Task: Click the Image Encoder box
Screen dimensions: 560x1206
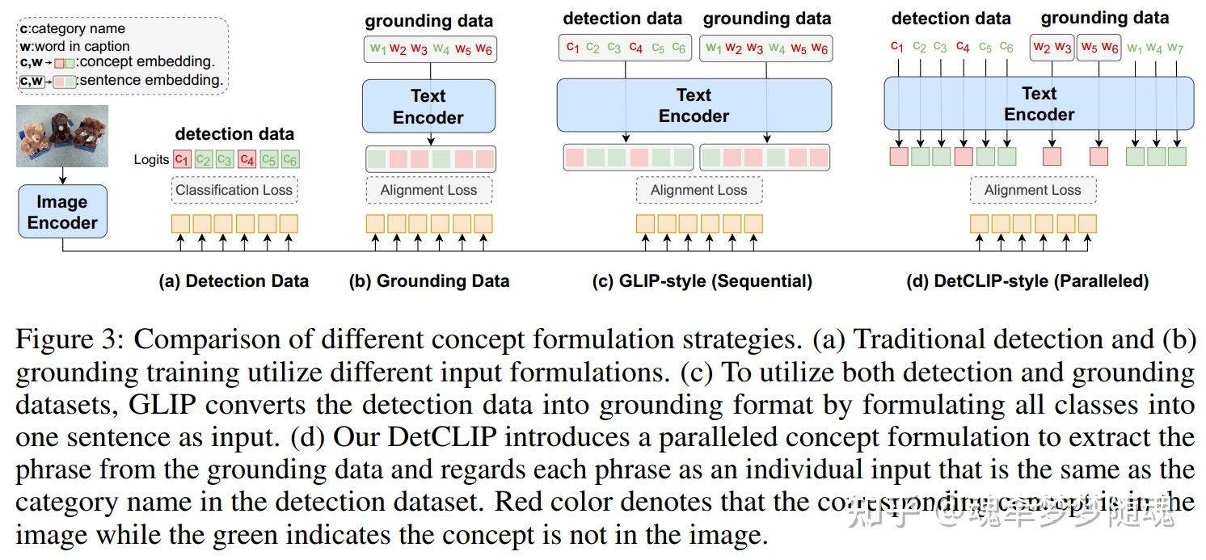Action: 62,212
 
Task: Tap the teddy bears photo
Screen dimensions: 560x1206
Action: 62,135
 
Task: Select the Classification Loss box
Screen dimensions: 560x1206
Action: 234,191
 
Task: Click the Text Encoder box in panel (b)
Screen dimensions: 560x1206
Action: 428,106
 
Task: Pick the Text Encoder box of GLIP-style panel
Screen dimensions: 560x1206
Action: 694,105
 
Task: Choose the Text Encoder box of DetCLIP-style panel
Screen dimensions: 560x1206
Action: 1039,104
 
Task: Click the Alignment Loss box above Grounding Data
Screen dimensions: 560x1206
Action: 428,191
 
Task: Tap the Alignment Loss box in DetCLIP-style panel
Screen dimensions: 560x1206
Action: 1032,191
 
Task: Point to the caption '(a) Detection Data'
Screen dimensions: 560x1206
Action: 234,281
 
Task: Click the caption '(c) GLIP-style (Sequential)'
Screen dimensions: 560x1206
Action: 702,281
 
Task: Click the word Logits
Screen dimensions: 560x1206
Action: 151,160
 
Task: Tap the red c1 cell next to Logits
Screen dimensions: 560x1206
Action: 183,160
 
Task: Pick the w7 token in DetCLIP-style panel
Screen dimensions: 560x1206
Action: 1176,48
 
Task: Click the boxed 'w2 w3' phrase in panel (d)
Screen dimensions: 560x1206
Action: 1052,48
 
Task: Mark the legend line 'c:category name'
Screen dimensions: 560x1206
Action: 73,29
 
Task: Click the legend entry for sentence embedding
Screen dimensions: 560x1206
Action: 121,80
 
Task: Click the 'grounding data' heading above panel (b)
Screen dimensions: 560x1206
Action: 428,21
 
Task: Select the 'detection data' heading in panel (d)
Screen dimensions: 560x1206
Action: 951,18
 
